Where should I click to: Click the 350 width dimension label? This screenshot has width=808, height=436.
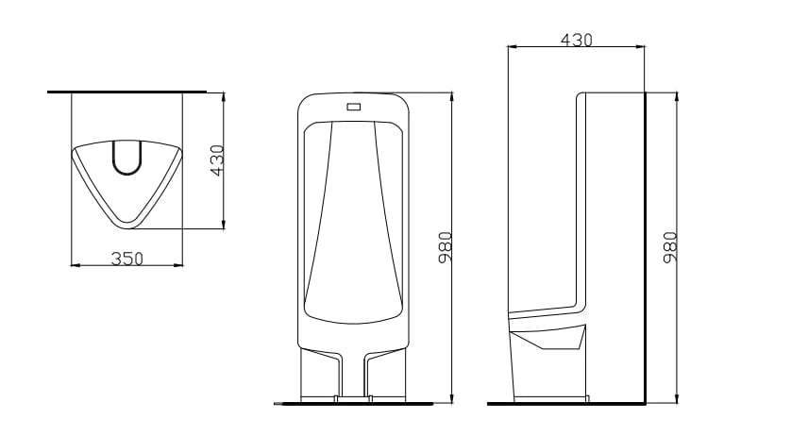[127, 259]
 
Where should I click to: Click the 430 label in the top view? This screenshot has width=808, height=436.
[218, 160]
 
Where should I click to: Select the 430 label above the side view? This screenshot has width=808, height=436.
[577, 40]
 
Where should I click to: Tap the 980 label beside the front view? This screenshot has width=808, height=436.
[446, 247]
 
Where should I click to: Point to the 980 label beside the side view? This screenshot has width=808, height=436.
[670, 247]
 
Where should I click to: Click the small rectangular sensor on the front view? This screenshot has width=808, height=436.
[354, 107]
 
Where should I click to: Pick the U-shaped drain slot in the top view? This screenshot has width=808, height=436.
[126, 159]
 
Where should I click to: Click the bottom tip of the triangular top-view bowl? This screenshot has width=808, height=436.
[126, 227]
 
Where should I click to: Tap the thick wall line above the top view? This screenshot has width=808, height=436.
[126, 92]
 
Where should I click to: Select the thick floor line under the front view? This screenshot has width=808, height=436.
[353, 404]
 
